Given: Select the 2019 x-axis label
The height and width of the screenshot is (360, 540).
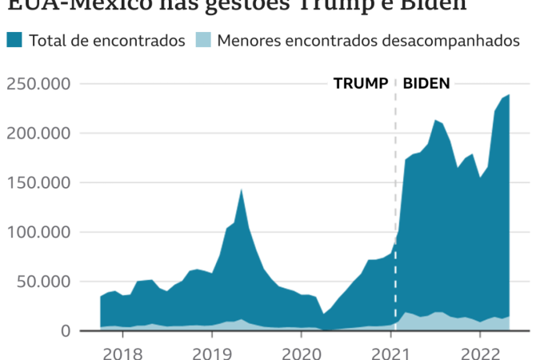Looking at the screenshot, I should pyautogui.click(x=212, y=351).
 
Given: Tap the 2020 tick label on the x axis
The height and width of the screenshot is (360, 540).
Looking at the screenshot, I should pyautogui.click(x=302, y=351).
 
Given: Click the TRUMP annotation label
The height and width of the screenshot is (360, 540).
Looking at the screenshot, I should pyautogui.click(x=360, y=83).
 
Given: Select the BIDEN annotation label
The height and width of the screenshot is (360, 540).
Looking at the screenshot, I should pyautogui.click(x=426, y=83).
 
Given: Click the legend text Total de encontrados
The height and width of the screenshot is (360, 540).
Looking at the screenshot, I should pyautogui.click(x=107, y=40).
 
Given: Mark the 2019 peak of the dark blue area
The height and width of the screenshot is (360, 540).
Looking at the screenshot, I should pyautogui.click(x=242, y=190).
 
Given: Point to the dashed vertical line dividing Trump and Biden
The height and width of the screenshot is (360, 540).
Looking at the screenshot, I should pyautogui.click(x=395, y=200).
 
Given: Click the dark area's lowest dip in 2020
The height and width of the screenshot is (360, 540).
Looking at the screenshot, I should pyautogui.click(x=323, y=314).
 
